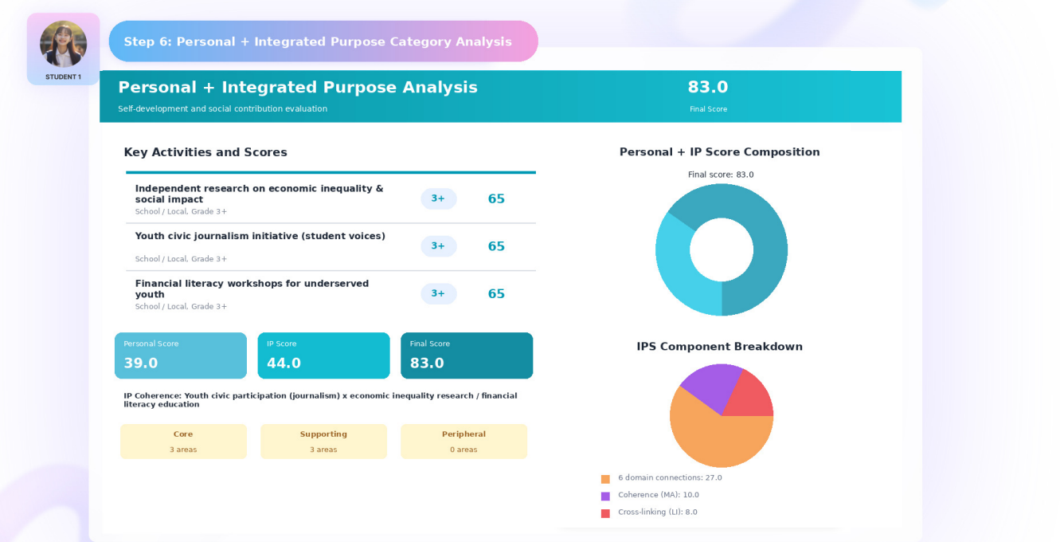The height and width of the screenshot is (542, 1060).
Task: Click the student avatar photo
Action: [63, 44]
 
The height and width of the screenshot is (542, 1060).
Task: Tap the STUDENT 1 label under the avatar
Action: [63, 77]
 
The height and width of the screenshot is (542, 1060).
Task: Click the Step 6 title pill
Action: [323, 41]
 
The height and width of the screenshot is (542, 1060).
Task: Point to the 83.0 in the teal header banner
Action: [707, 87]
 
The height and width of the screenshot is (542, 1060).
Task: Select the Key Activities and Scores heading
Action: [205, 152]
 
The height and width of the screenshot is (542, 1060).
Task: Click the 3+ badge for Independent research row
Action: [438, 198]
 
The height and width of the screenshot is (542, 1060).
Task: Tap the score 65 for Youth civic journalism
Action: [496, 246]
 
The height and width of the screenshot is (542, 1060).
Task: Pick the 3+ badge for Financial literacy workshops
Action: [438, 294]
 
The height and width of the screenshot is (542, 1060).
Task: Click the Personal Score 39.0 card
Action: [180, 355]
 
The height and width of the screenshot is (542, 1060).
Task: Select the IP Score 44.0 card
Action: [323, 355]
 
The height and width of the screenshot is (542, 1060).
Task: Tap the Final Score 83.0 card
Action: [467, 355]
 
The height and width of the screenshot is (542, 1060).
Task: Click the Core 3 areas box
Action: [183, 441]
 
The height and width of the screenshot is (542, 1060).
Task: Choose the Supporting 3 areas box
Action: [323, 441]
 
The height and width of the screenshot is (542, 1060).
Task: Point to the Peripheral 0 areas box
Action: [464, 441]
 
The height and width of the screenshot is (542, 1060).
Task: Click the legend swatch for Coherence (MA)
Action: [605, 496]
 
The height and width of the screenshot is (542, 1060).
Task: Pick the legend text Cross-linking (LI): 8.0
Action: [657, 512]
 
